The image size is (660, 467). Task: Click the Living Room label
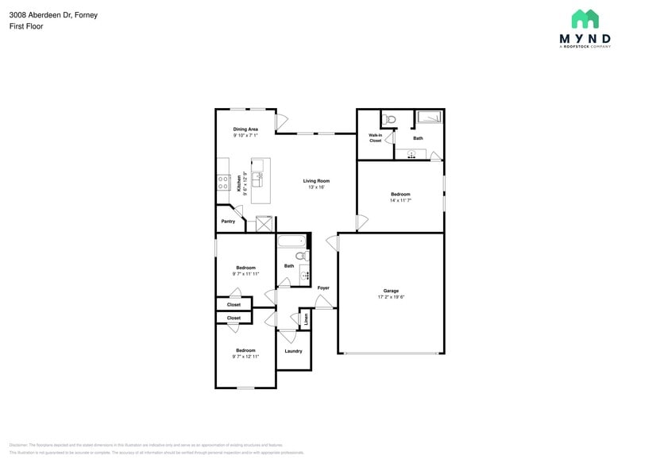pyautogui.click(x=316, y=181)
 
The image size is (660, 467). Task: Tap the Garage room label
pyautogui.click(x=391, y=291)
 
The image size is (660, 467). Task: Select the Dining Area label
pyautogui.click(x=245, y=129)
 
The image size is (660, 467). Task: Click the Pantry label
pyautogui.click(x=228, y=222)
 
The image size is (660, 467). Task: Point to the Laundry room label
pyautogui.click(x=293, y=351)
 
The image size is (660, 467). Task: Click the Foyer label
pyautogui.click(x=323, y=288)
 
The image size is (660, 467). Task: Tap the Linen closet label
pyautogui.click(x=306, y=319)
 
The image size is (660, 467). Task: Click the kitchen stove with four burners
pyautogui.click(x=223, y=183)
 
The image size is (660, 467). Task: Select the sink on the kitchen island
pyautogui.click(x=266, y=176)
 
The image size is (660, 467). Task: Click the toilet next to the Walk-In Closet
pyautogui.click(x=388, y=120)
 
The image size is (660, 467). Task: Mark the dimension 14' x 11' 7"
pyautogui.click(x=400, y=201)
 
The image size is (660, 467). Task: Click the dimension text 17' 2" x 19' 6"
pyautogui.click(x=391, y=297)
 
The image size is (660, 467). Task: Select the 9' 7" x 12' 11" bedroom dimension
pyautogui.click(x=245, y=357)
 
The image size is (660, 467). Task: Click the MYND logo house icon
pyautogui.click(x=585, y=19)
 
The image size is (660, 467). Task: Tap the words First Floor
pyautogui.click(x=26, y=26)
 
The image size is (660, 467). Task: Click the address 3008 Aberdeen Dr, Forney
pyautogui.click(x=54, y=15)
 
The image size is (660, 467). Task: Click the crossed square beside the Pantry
pyautogui.click(x=264, y=224)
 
